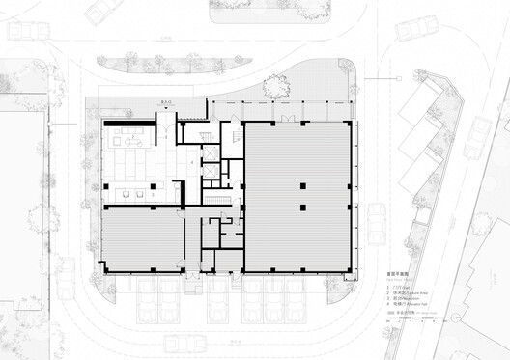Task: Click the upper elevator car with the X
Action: click(x=208, y=153)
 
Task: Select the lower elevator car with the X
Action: click(x=208, y=171)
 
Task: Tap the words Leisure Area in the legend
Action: click(x=392, y=293)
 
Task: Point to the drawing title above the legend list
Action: click(x=386, y=279)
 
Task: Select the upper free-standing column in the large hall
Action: click(x=301, y=184)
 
